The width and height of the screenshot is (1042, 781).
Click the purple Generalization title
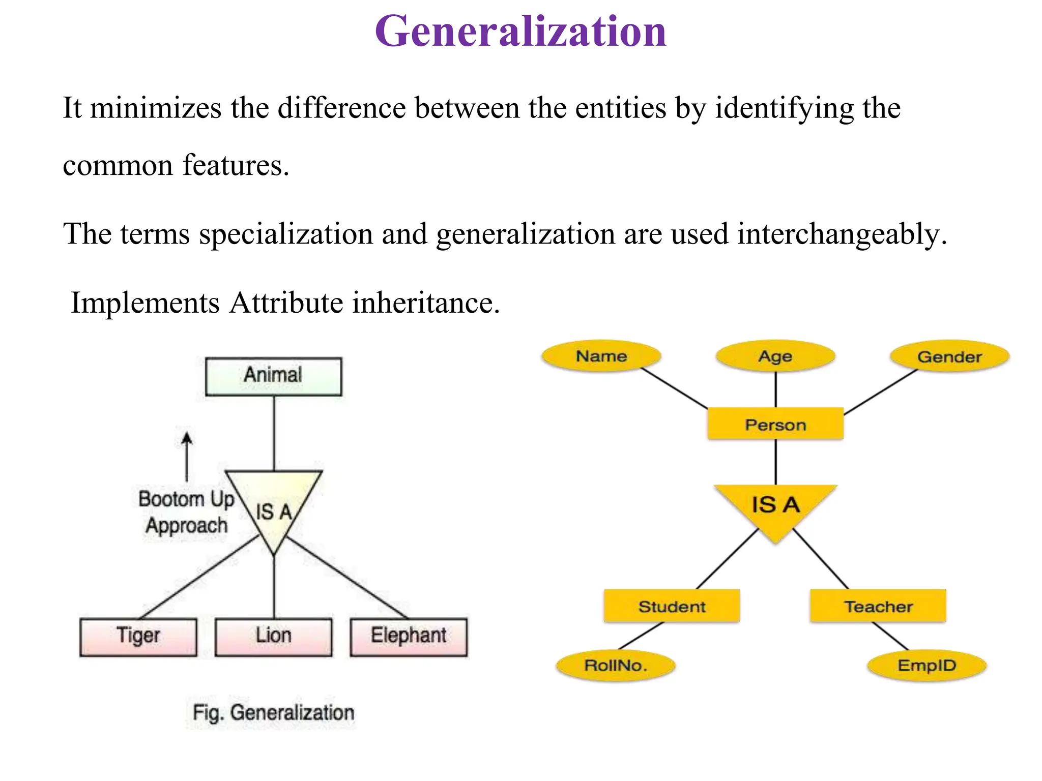click(x=520, y=32)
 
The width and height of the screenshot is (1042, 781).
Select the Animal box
click(x=273, y=376)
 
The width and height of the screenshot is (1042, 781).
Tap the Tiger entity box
click(x=138, y=637)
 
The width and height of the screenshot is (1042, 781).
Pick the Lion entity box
click(x=273, y=637)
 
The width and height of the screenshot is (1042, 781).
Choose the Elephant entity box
click(x=409, y=637)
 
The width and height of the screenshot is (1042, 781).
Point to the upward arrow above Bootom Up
click(x=187, y=456)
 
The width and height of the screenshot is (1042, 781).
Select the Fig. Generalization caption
click(x=273, y=713)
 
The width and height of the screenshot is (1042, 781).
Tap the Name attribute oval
click(x=601, y=356)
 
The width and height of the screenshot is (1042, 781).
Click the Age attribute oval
click(x=775, y=356)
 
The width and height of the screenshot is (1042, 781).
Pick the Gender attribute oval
click(x=949, y=357)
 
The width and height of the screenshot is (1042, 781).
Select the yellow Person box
click(x=775, y=424)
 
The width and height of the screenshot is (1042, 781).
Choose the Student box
click(x=672, y=606)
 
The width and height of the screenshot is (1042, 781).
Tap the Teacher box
click(x=878, y=606)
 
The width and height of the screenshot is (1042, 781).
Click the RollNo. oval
click(x=616, y=665)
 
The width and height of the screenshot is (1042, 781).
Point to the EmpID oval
click(x=927, y=665)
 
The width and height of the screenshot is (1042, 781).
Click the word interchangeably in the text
click(x=842, y=234)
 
